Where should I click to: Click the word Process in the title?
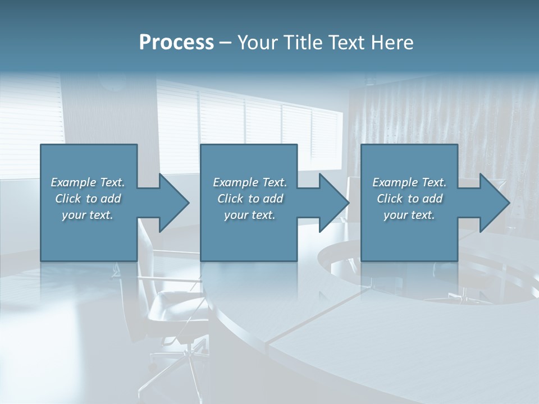pyautogui.click(x=176, y=43)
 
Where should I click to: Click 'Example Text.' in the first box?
pyautogui.click(x=88, y=182)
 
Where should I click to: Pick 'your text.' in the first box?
pyautogui.click(x=88, y=215)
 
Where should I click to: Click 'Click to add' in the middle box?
pyautogui.click(x=250, y=199)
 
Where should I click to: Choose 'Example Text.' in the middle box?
pyautogui.click(x=250, y=182)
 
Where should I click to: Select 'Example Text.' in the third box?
pyautogui.click(x=409, y=182)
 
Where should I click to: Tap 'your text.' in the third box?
pyautogui.click(x=409, y=215)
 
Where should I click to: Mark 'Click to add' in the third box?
pyautogui.click(x=409, y=199)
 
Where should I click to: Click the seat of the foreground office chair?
pyautogui.click(x=174, y=306)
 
